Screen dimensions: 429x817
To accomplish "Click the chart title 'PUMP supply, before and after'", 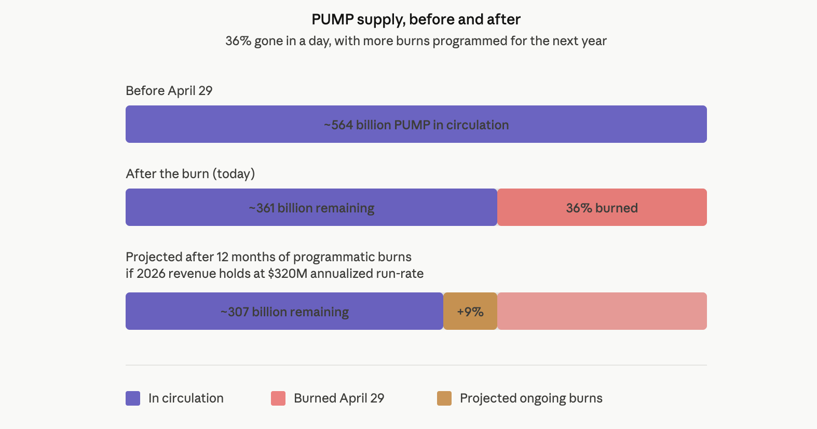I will pyautogui.click(x=416, y=20).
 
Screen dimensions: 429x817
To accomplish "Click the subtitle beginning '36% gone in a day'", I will pyautogui.click(x=416, y=41).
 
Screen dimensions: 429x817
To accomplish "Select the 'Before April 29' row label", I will pyautogui.click(x=169, y=91).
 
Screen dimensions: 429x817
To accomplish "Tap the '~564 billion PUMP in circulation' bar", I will pyautogui.click(x=416, y=125).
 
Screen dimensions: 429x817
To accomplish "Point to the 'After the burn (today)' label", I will pyautogui.click(x=190, y=174).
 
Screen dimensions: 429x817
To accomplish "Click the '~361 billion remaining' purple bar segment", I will pyautogui.click(x=311, y=208).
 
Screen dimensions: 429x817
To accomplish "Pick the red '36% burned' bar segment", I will pyautogui.click(x=602, y=208).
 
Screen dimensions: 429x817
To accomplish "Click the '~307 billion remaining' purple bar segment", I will pyautogui.click(x=284, y=312).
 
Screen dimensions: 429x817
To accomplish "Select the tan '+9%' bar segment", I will pyautogui.click(x=470, y=312).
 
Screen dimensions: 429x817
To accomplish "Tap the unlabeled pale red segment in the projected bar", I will pyautogui.click(x=602, y=312).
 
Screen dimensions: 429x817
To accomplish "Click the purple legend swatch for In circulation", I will pyautogui.click(x=133, y=398).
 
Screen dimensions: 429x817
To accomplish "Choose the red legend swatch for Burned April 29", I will pyautogui.click(x=278, y=398).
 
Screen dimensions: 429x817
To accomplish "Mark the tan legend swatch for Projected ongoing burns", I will pyautogui.click(x=444, y=398).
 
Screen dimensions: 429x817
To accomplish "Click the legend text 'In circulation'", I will pyautogui.click(x=186, y=398).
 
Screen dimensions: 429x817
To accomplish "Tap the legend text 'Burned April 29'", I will pyautogui.click(x=339, y=398).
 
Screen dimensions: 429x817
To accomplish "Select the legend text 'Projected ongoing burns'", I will pyautogui.click(x=531, y=398).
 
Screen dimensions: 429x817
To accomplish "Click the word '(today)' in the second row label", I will pyautogui.click(x=234, y=174).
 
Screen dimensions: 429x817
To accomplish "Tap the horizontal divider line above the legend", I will pyautogui.click(x=416, y=365).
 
